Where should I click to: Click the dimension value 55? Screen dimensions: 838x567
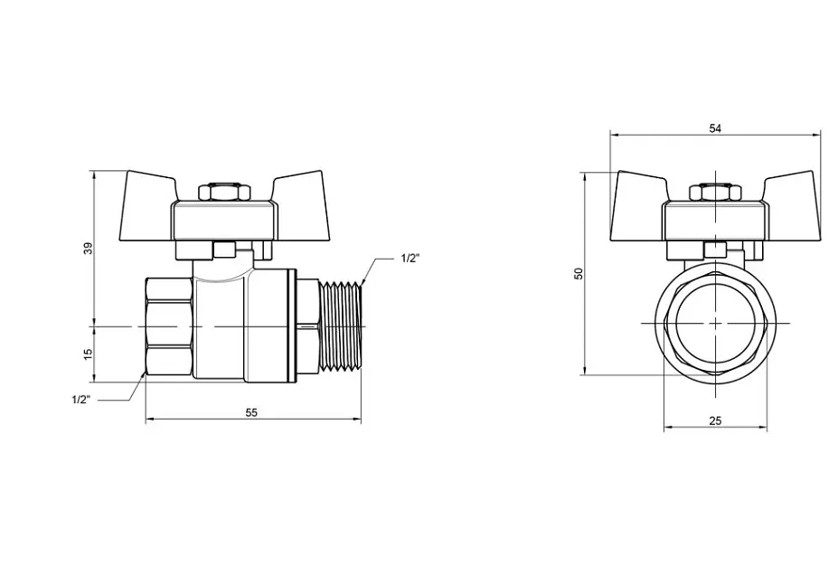251,412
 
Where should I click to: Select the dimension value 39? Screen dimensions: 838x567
89,248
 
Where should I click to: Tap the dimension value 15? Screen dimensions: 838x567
89,354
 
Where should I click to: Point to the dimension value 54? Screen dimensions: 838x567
715,128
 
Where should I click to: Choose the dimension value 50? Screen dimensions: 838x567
579,273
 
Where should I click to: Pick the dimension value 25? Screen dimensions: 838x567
715,421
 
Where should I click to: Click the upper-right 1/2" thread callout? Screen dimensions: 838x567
410,259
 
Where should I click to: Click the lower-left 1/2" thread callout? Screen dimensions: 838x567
81,400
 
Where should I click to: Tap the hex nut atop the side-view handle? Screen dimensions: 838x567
224,192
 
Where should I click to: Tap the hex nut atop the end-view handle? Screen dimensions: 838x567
716,192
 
